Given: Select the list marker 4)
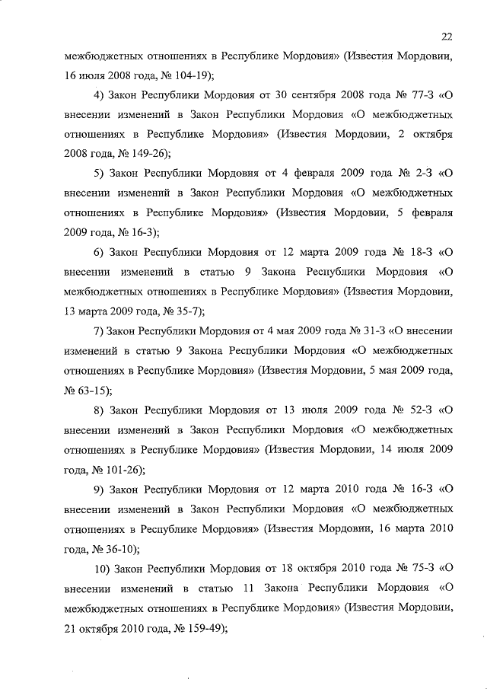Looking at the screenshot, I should click(100, 97).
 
